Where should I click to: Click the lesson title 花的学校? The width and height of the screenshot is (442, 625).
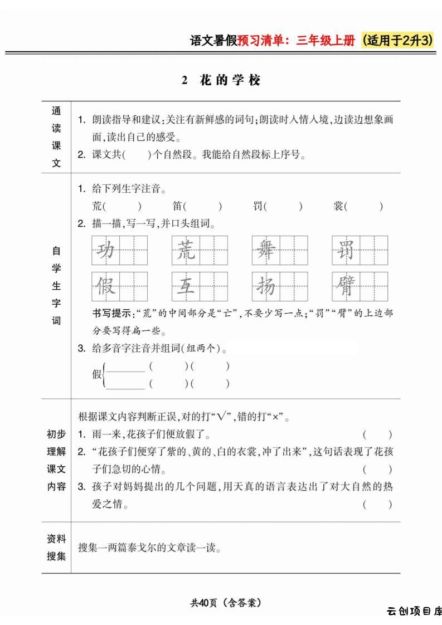tap(230, 80)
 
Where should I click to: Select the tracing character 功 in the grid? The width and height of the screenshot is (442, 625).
tap(106, 250)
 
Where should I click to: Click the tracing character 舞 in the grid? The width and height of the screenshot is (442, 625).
tap(266, 250)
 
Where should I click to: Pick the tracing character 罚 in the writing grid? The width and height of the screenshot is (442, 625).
tap(346, 250)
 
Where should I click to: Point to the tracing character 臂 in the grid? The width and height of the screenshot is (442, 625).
tap(346, 286)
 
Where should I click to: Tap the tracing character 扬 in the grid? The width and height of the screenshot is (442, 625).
tap(266, 286)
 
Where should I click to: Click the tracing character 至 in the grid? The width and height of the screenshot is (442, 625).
tap(186, 286)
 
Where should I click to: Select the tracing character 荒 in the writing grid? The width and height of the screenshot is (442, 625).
tap(186, 250)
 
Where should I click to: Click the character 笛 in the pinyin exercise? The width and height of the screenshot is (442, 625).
tap(178, 207)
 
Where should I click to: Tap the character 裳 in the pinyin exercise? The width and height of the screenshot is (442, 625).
tap(339, 207)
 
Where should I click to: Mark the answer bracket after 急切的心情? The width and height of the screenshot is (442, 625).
tap(377, 470)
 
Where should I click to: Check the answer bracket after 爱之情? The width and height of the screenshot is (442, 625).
tap(377, 505)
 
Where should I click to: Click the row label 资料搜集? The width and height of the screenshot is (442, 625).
tap(56, 547)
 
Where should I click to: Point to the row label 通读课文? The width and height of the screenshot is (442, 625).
tap(56, 137)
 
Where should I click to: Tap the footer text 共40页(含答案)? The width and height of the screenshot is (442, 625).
tap(226, 602)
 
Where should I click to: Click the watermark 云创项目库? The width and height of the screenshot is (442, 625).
tap(414, 611)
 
